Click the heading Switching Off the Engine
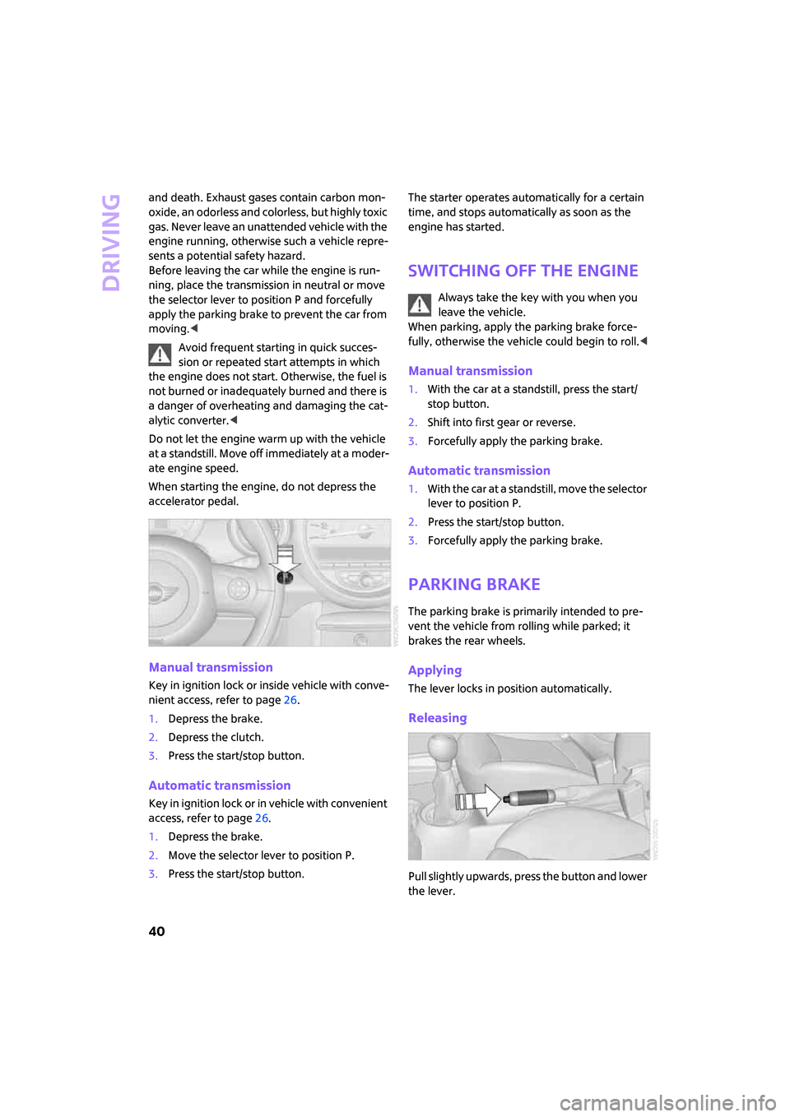coord(523,271)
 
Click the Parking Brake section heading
coord(474,584)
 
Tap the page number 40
coord(156,931)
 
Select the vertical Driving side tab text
coord(111,242)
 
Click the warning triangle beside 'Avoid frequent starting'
coord(160,355)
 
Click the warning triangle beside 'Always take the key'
coord(420,304)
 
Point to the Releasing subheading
coord(437,718)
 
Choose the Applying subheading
coord(434,670)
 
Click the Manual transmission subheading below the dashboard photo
coord(211,667)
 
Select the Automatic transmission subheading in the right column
coord(479,470)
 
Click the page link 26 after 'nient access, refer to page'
coord(290,700)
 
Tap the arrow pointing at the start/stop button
coord(285,558)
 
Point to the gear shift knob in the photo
coord(442,749)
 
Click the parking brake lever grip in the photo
coord(532,797)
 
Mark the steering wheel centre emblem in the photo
coord(156,590)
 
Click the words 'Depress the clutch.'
coord(216,737)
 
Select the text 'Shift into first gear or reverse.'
coord(501,422)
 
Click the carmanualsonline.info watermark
coord(667,1102)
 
